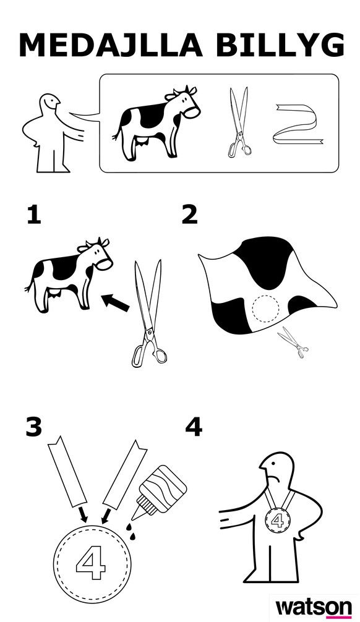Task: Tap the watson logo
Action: pyautogui.click(x=314, y=607)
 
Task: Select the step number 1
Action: pyautogui.click(x=34, y=215)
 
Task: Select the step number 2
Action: pyautogui.click(x=189, y=215)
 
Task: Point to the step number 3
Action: pyautogui.click(x=34, y=427)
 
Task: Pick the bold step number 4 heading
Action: pyautogui.click(x=194, y=427)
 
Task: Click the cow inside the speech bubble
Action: pyautogui.click(x=156, y=123)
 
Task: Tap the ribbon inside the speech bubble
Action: pyautogui.click(x=298, y=124)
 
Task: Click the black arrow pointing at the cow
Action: pyautogui.click(x=116, y=303)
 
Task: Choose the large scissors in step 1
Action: pyautogui.click(x=148, y=313)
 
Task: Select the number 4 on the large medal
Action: pyautogui.click(x=91, y=563)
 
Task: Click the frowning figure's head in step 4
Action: pyautogui.click(x=277, y=469)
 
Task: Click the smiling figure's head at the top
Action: pyautogui.click(x=50, y=104)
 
